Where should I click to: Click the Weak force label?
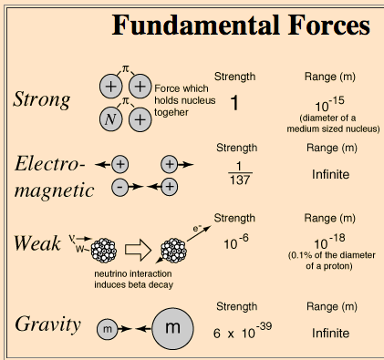point(38,244)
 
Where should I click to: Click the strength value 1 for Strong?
point(234,103)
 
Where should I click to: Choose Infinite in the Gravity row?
point(331,334)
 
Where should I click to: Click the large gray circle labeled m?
point(175,327)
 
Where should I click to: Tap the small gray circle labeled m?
point(107,328)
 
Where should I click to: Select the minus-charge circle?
point(119,186)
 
